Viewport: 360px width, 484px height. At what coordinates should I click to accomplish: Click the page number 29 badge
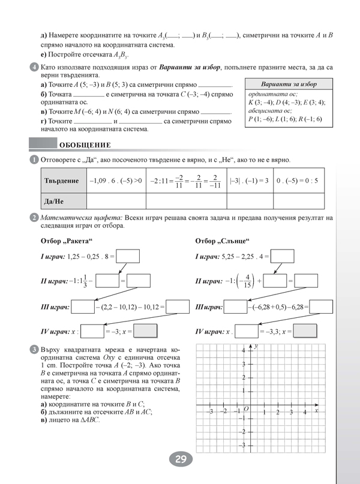click(x=180, y=461)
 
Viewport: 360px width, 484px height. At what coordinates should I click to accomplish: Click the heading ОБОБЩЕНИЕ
click(x=84, y=145)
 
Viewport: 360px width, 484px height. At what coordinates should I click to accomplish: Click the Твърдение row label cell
click(x=62, y=180)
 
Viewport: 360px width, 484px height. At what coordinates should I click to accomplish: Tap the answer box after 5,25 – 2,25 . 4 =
click(x=283, y=256)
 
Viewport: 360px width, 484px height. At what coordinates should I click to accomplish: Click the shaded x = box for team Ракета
click(x=145, y=331)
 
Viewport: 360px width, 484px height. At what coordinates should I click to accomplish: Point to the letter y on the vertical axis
click(x=256, y=347)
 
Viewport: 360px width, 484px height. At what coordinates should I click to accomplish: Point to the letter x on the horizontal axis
click(x=316, y=408)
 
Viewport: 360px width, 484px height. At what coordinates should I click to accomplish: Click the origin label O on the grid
click(x=246, y=409)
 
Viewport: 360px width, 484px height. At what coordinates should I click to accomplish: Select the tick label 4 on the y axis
click(x=243, y=350)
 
